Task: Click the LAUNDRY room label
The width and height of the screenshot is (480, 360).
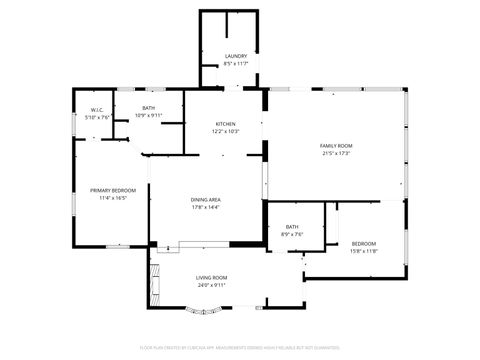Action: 236,56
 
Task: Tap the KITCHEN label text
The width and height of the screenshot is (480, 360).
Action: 225,124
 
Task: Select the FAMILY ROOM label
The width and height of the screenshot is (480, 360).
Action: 336,146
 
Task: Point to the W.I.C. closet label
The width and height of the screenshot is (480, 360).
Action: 97,110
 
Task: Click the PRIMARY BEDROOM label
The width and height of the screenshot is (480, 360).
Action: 112,190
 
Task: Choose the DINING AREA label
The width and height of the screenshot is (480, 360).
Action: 206,200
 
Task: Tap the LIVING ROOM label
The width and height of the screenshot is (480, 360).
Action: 211,277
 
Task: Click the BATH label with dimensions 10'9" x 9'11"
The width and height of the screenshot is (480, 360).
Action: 148,108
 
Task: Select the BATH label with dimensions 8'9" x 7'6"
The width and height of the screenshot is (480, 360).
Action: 292,227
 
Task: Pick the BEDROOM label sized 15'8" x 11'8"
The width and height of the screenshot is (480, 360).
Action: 364,244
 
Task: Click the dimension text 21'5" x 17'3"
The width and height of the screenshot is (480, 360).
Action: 336,153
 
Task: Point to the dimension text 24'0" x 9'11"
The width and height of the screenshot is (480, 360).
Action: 211,285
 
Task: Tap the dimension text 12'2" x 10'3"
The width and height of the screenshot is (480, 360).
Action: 225,131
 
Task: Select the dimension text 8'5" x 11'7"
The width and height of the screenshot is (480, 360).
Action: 236,64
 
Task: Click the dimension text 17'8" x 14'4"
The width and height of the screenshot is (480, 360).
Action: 206,208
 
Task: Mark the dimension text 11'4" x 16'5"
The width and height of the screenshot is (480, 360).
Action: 112,198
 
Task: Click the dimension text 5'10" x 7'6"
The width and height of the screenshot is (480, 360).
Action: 97,117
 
